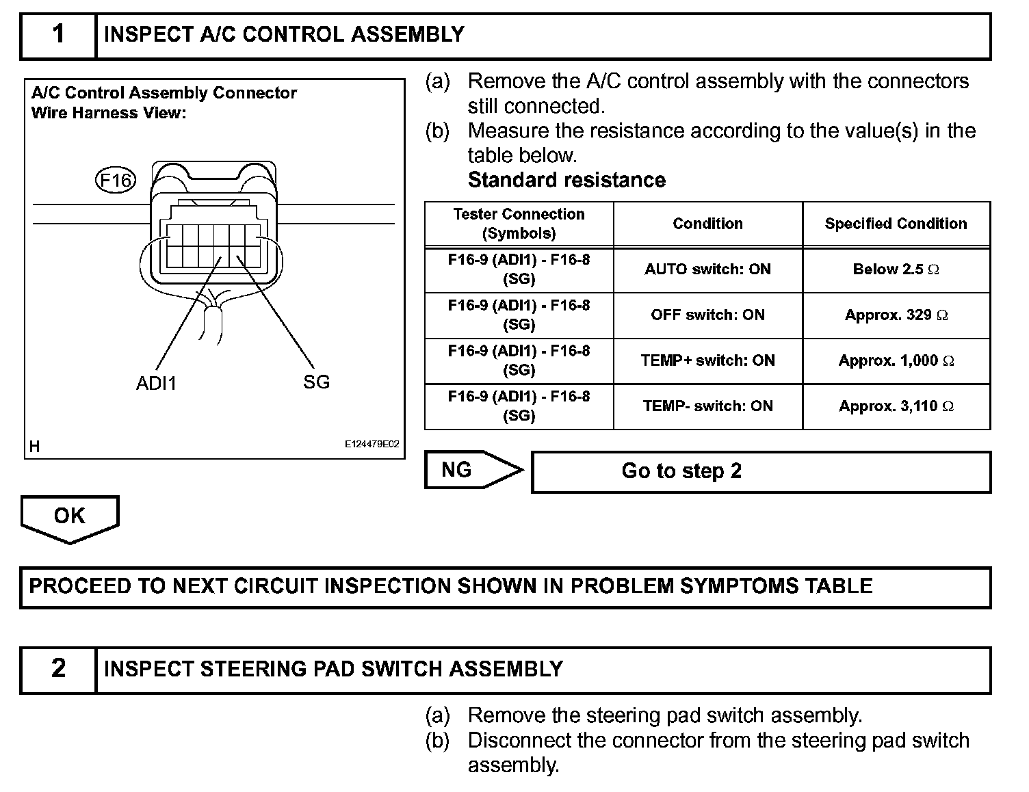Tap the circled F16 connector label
(115, 181)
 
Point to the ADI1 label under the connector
(156, 383)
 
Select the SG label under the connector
(316, 382)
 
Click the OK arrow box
(70, 516)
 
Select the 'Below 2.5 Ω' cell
(896, 269)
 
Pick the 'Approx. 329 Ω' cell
(896, 315)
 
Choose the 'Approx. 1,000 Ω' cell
(896, 360)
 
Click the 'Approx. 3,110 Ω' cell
(896, 406)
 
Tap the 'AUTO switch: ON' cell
(707, 269)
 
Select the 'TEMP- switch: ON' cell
(707, 406)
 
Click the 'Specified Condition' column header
(896, 224)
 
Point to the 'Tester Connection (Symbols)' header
(519, 224)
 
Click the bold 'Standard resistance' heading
(566, 180)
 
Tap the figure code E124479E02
(372, 444)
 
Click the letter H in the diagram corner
(35, 447)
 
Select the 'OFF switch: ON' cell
(707, 315)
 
